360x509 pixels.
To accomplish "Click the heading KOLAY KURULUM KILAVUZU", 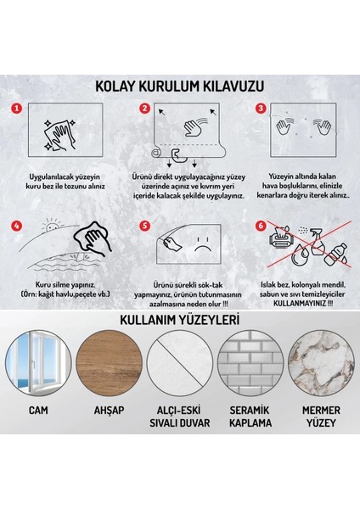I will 180,87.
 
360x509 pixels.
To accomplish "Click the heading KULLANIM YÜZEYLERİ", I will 180,344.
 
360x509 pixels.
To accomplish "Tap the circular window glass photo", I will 43,398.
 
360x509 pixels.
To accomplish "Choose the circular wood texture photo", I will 111,398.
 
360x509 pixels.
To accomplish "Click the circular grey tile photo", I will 249,398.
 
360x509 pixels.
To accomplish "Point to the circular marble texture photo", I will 317,398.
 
